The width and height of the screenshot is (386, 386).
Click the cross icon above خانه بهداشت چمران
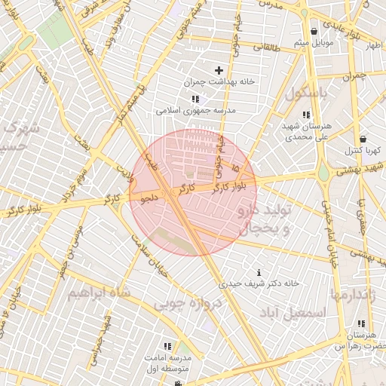point(219,70)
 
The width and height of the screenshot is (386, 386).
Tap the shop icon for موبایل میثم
point(314,31)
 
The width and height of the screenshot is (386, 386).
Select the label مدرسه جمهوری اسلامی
point(196,110)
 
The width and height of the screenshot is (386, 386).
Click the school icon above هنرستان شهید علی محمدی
point(305,115)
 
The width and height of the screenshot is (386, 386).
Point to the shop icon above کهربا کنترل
point(363,139)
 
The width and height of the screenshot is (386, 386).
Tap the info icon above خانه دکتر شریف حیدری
point(259,272)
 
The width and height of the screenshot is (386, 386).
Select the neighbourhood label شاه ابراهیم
point(98,292)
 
